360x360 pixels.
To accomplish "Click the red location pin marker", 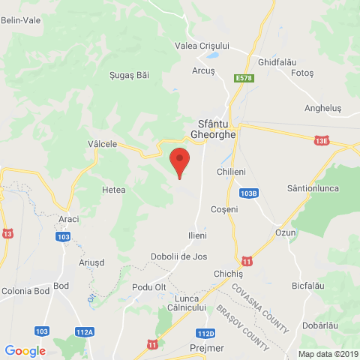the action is click(x=179, y=160).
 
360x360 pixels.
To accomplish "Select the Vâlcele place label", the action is click(x=103, y=143).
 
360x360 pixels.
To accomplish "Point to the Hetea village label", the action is click(x=113, y=190).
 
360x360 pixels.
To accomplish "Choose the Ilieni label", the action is click(x=196, y=235).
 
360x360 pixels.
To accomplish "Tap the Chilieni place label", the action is click(x=231, y=172).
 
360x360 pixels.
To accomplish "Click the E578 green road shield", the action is click(x=243, y=78).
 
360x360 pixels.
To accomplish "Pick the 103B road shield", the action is click(x=250, y=193).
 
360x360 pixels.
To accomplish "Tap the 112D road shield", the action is click(x=205, y=333).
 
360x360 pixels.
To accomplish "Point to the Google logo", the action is click(x=25, y=350).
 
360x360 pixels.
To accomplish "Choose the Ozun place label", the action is click(x=286, y=232).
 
